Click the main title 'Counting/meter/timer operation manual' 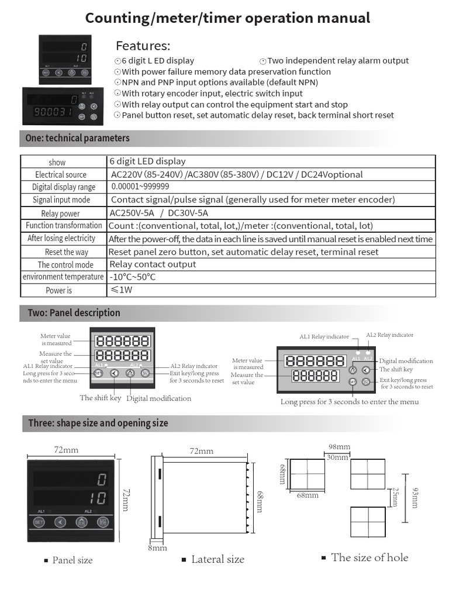[x=227, y=18]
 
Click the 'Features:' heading [x=143, y=46]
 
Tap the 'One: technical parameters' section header [x=78, y=139]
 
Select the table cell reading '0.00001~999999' [x=140, y=187]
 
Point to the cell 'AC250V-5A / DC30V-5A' [x=159, y=213]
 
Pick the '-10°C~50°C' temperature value [x=133, y=277]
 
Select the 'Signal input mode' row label [x=61, y=200]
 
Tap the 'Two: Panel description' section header [x=74, y=313]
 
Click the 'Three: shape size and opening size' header [x=98, y=423]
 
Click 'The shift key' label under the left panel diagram [x=100, y=398]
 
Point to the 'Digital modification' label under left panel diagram [x=158, y=398]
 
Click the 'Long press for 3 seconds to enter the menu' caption [x=349, y=402]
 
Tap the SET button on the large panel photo [x=39, y=522]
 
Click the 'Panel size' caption [x=72, y=560]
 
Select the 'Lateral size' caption [x=217, y=560]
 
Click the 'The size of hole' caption [x=369, y=557]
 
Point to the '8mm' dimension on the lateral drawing [x=157, y=548]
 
